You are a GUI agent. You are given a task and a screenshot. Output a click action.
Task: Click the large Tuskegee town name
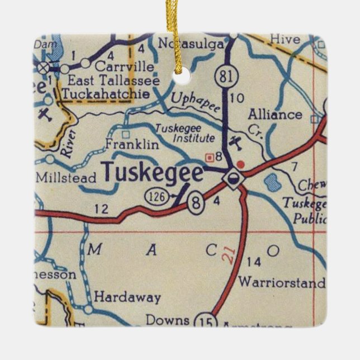(x=151, y=173)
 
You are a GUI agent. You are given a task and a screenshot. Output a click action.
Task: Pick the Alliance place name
(x=275, y=115)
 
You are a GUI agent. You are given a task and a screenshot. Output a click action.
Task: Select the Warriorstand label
(x=281, y=282)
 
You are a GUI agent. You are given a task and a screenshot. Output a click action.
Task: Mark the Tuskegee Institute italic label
(x=184, y=132)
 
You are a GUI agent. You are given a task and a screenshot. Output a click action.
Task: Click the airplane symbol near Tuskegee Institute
(x=237, y=142)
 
